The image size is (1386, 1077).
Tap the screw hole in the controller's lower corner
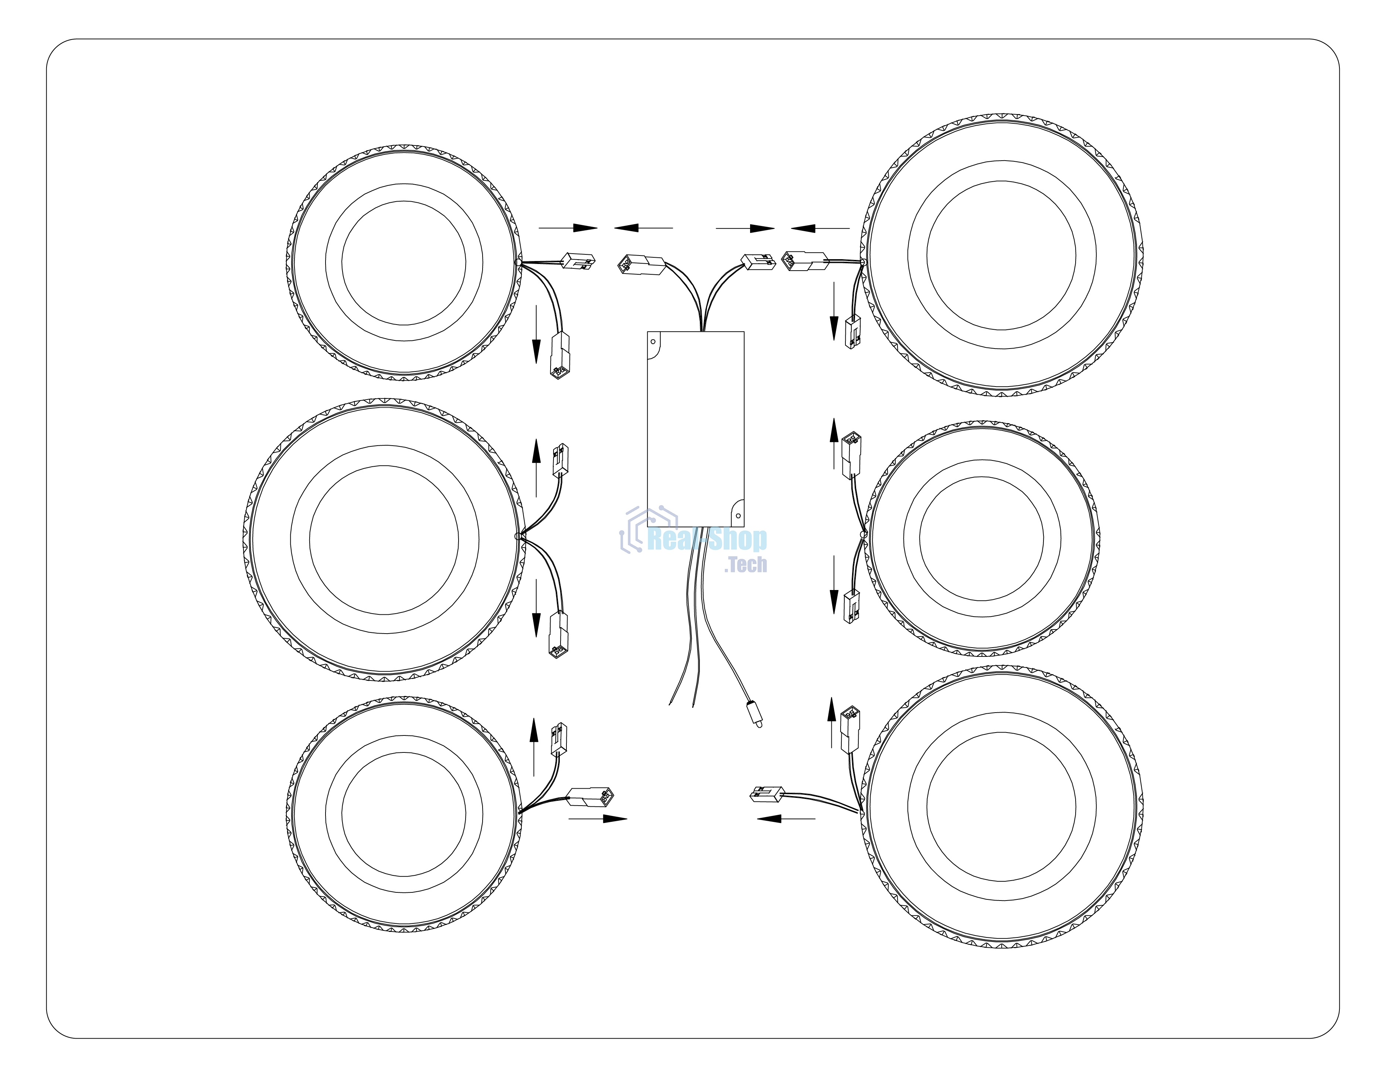(x=738, y=516)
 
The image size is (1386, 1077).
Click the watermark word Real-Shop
(x=707, y=539)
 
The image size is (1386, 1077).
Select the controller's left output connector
(x=641, y=265)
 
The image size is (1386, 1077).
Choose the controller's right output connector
(x=758, y=262)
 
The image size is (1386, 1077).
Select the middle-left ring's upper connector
(x=561, y=460)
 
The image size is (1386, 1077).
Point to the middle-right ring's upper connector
(x=851, y=455)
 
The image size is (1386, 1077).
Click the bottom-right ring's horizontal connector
(x=767, y=794)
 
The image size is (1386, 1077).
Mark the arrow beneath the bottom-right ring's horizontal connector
(x=786, y=819)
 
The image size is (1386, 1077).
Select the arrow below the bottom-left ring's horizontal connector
(x=598, y=819)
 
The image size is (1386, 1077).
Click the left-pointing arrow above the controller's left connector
(x=644, y=228)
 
